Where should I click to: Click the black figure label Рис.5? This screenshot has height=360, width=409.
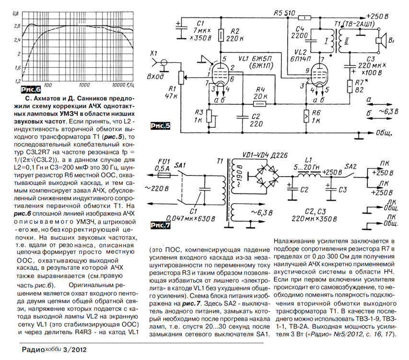pyautogui.click(x=160, y=127)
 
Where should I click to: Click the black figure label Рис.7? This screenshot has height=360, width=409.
pyautogui.click(x=160, y=224)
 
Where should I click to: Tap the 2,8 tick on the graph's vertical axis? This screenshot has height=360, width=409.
pyautogui.click(x=17, y=25)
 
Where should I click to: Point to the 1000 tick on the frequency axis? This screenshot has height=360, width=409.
pyautogui.click(x=84, y=85)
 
